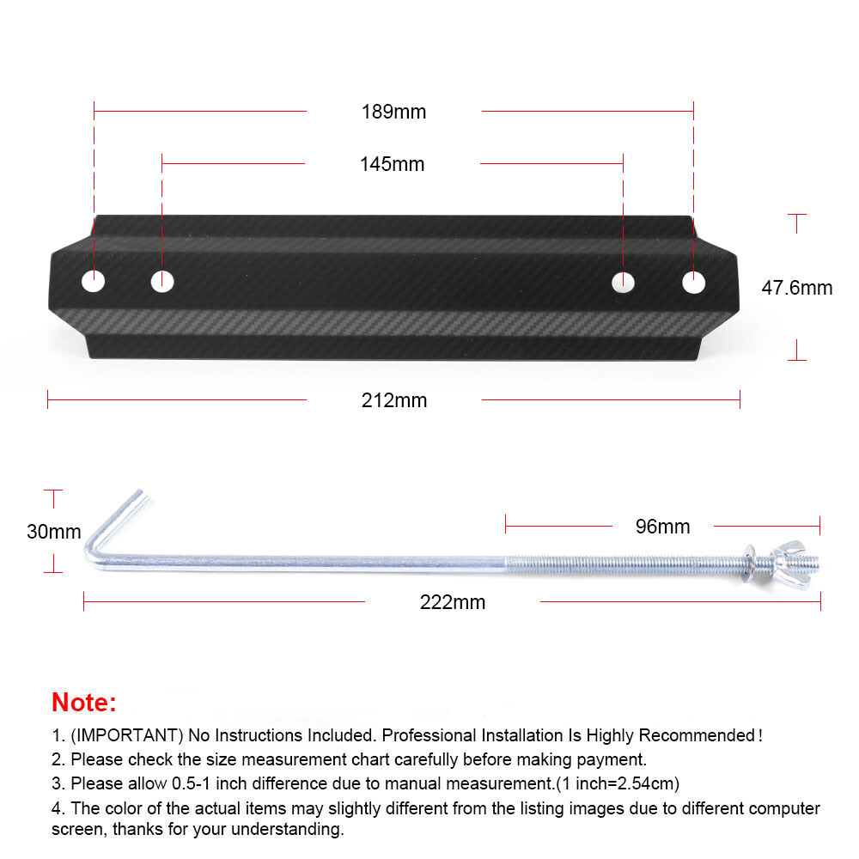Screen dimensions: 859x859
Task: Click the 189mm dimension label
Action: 393,112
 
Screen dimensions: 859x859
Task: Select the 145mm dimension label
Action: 392,164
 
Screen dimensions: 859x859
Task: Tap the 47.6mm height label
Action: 796,288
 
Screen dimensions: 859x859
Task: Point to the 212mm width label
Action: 393,400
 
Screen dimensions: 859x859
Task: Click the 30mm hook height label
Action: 53,532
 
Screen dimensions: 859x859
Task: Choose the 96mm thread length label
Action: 662,527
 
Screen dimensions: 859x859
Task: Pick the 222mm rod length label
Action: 452,602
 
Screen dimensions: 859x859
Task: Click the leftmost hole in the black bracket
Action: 93,280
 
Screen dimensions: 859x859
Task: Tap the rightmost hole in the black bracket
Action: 693,281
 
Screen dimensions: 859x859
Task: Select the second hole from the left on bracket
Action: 162,280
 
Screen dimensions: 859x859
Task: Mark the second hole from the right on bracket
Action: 623,281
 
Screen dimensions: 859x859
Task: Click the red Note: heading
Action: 84,702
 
